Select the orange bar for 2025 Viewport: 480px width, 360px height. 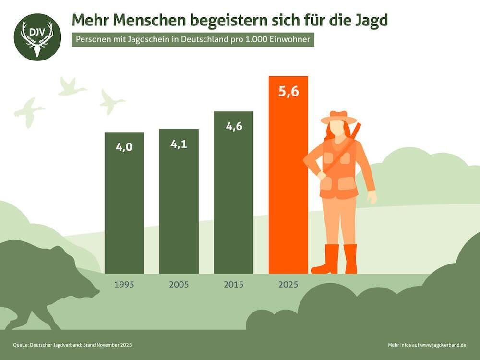[x=288, y=182]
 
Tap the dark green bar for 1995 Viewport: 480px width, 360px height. [x=124, y=211]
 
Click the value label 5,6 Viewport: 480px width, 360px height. [x=288, y=91]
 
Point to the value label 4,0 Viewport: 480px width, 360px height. [x=124, y=147]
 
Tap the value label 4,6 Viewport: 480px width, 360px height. [x=233, y=126]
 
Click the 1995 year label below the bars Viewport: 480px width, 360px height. [x=124, y=284]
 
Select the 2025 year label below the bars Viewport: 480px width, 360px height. [x=288, y=284]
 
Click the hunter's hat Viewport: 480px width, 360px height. [x=339, y=118]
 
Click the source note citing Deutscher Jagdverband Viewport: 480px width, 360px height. [x=72, y=345]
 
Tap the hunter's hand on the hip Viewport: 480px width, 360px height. [x=321, y=175]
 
